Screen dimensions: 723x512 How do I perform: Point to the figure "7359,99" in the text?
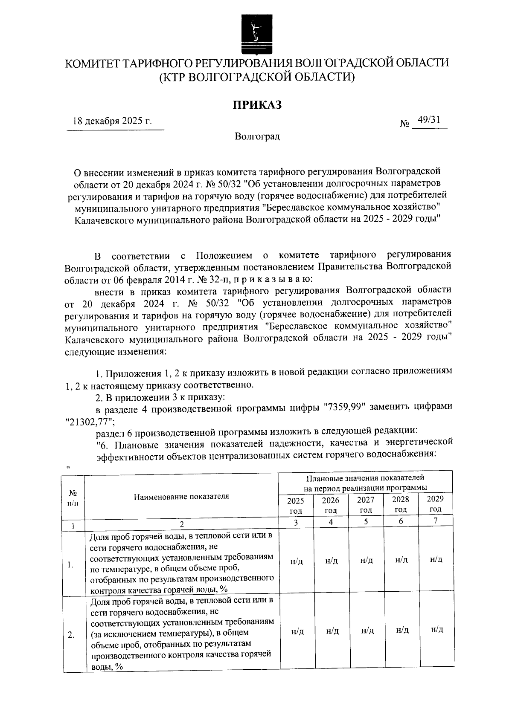(343, 408)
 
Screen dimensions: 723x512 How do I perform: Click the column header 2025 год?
(296, 505)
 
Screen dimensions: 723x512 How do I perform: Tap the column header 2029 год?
(435, 503)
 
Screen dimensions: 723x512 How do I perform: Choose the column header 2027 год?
(366, 505)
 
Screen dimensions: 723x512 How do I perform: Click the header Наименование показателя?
(181, 496)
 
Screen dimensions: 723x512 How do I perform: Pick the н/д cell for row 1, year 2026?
(331, 561)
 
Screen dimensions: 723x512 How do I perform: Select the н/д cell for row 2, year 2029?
(436, 630)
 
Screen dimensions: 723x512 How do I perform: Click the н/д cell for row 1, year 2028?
(401, 560)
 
